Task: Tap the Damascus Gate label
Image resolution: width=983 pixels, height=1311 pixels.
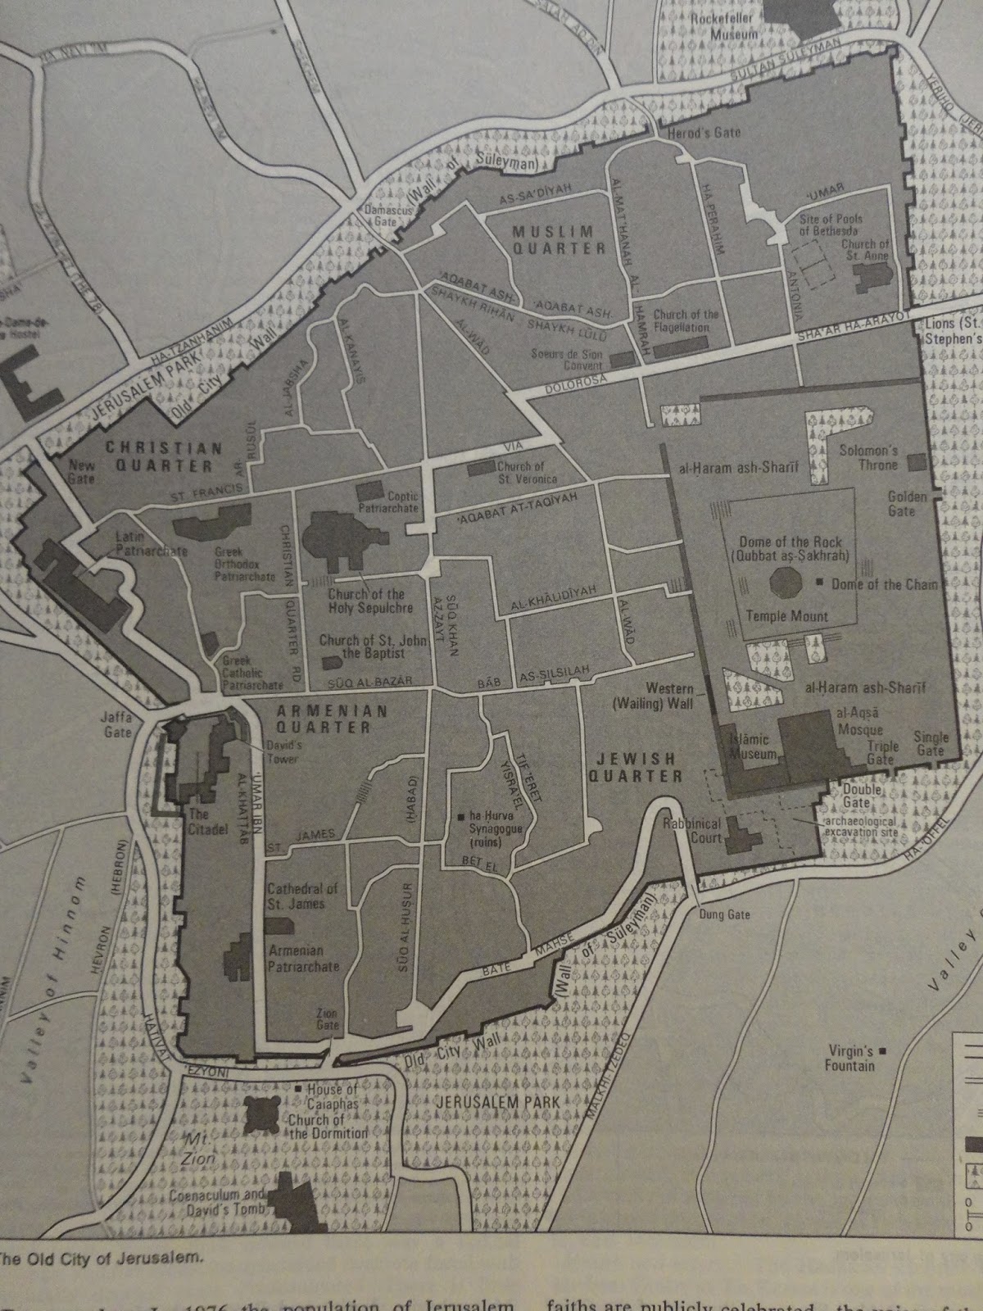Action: tap(391, 215)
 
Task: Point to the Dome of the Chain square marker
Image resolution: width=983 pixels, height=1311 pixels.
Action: tap(820, 583)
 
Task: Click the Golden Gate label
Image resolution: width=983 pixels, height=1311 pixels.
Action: tap(907, 503)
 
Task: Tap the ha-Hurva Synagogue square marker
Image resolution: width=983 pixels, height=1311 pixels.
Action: tap(463, 816)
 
